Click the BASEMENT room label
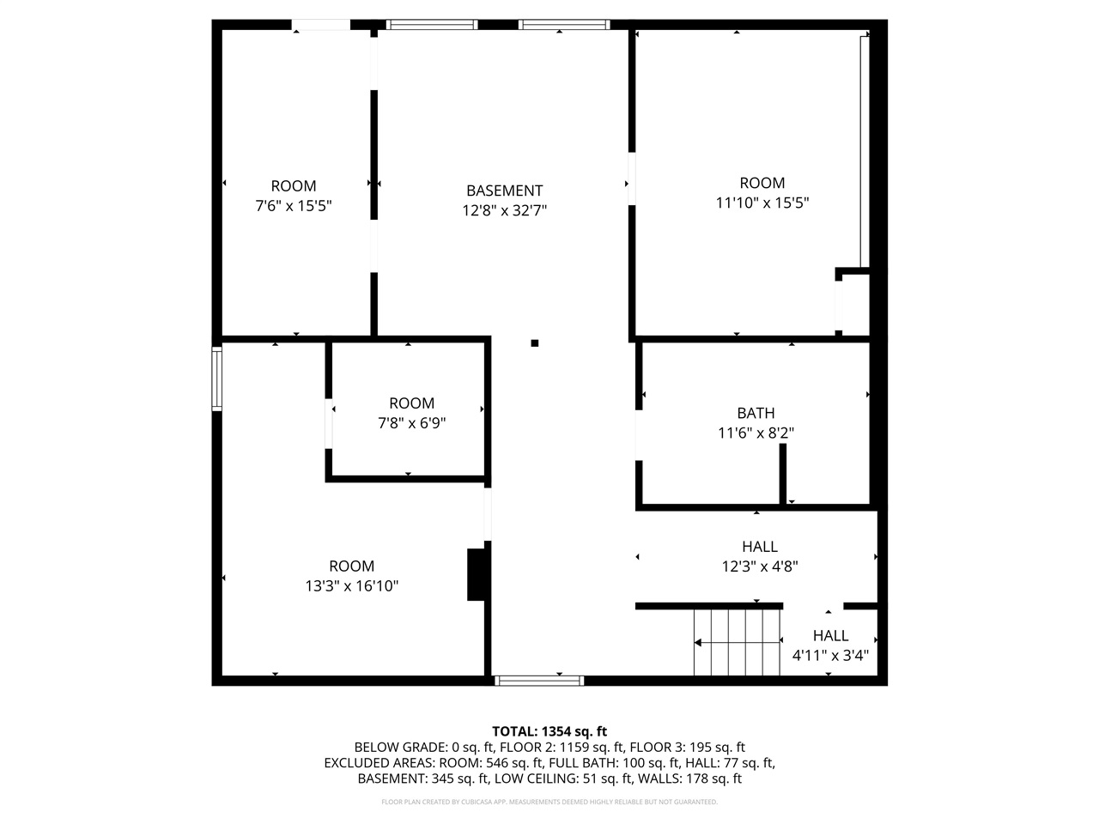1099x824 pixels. point(504,191)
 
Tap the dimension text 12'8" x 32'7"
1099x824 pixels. point(504,209)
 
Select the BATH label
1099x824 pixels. point(756,413)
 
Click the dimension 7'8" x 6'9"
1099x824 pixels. point(411,422)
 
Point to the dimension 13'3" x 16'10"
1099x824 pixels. point(352,586)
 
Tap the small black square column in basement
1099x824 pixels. point(534,342)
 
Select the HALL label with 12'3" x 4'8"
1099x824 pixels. point(760,546)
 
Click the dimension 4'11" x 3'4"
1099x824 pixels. point(830,656)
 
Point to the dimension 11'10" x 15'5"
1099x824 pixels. point(762,203)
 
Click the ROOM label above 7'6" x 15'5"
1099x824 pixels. point(294,185)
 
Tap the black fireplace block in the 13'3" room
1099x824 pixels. point(476,574)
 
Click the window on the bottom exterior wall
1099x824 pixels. point(539,680)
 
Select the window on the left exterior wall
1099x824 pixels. point(217,378)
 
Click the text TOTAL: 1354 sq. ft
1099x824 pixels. point(549,731)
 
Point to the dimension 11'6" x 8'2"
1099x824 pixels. point(756,433)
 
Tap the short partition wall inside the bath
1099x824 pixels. point(783,474)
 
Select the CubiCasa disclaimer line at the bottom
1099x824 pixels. point(549,802)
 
